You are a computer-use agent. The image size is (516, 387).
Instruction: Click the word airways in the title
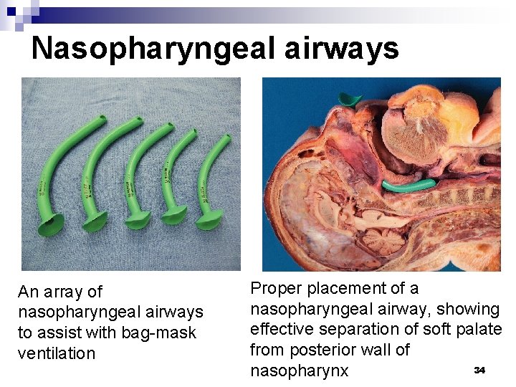[342, 48]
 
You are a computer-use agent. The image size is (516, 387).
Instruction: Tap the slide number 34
[479, 370]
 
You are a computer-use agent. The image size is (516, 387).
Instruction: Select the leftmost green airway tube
[49, 173]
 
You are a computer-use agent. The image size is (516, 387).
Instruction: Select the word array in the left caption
[64, 292]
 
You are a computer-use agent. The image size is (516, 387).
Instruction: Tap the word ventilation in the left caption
[57, 353]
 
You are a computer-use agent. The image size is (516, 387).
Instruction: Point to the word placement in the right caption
[353, 289]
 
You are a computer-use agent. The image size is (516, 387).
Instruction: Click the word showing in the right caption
[470, 310]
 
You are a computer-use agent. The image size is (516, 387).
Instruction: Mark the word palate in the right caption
[479, 330]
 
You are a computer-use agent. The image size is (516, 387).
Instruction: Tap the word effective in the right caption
[282, 330]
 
